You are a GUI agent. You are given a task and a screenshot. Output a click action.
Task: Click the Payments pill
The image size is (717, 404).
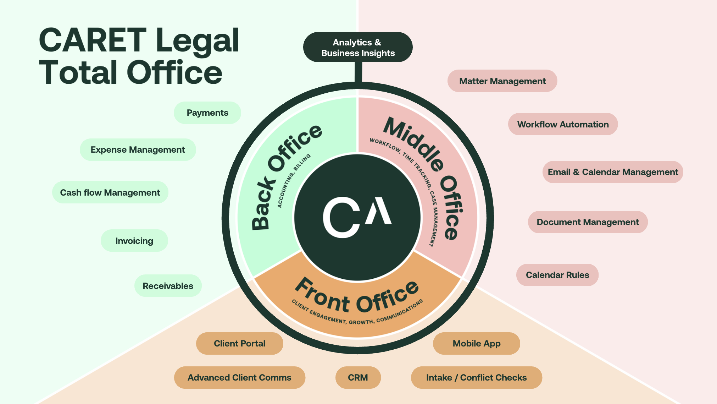pyautogui.click(x=207, y=113)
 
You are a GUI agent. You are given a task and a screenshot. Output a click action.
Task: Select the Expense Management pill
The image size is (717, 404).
pyautogui.click(x=138, y=150)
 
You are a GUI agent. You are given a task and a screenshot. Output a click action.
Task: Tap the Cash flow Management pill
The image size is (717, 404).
pyautogui.click(x=110, y=192)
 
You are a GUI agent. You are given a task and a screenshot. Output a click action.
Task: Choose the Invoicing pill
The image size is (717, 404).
pyautogui.click(x=134, y=241)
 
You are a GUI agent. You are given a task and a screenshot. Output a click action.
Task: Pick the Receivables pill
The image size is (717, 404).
pyautogui.click(x=168, y=286)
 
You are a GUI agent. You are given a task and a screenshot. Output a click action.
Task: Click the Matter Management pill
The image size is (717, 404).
pyautogui.click(x=502, y=81)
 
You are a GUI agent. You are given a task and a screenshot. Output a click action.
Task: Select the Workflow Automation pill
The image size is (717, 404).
pyautogui.click(x=563, y=124)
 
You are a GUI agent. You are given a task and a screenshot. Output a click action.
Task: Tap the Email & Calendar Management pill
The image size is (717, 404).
pyautogui.click(x=612, y=172)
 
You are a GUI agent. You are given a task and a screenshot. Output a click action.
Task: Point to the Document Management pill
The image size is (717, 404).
pyautogui.click(x=588, y=222)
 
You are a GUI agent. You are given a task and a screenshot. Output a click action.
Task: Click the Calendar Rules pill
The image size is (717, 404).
pyautogui.click(x=557, y=275)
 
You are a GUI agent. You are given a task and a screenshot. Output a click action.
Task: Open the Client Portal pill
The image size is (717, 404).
pyautogui.click(x=239, y=344)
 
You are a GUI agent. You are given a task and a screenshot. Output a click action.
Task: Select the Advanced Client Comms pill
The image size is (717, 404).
pyautogui.click(x=239, y=378)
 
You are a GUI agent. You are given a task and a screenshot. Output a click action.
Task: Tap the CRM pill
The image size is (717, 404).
pyautogui.click(x=358, y=378)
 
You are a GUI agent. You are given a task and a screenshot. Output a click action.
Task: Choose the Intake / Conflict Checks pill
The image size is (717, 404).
pyautogui.click(x=476, y=378)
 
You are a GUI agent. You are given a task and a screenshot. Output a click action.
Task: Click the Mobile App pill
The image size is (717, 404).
pyautogui.click(x=476, y=344)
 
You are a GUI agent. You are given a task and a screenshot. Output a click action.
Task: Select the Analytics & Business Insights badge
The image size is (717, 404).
pyautogui.click(x=358, y=48)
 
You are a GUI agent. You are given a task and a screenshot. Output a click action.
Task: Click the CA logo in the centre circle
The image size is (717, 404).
pyautogui.click(x=357, y=217)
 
